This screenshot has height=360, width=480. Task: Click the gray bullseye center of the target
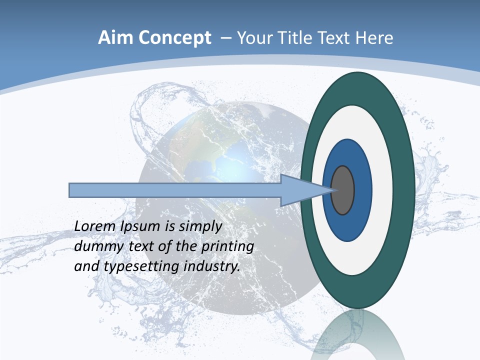pyautogui.click(x=343, y=190)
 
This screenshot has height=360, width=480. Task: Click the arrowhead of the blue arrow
pyautogui.click(x=305, y=190)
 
